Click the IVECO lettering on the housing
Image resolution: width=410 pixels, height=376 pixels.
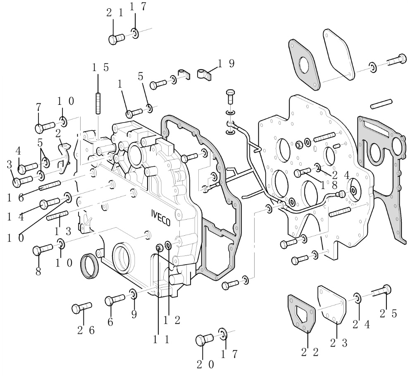160,217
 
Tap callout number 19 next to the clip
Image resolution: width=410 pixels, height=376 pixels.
226,63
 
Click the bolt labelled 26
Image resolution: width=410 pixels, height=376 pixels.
81,308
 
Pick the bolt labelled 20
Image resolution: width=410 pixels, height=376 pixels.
204,340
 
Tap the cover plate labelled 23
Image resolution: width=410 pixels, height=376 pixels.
331,304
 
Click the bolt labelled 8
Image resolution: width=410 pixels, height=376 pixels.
42,249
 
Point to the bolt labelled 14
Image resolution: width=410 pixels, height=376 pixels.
50,203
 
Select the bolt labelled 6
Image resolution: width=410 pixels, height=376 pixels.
114,299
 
